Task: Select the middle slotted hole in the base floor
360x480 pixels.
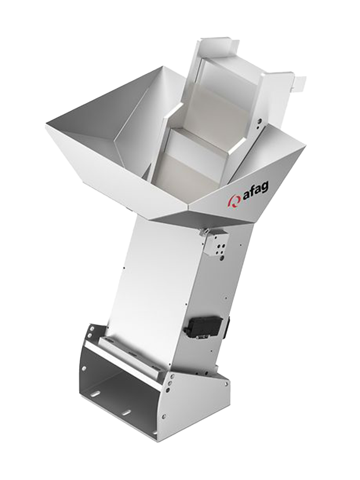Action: (x=127, y=412)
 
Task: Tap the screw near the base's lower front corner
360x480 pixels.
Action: (x=166, y=414)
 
